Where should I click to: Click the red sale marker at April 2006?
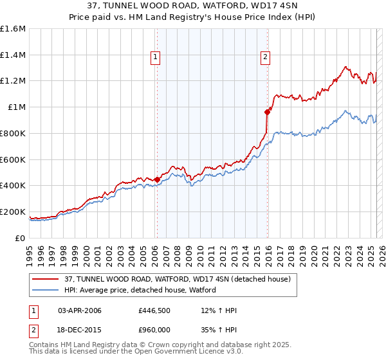[x=157, y=179]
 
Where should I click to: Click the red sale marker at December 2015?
[x=268, y=111]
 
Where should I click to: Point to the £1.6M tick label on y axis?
[x=13, y=29]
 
